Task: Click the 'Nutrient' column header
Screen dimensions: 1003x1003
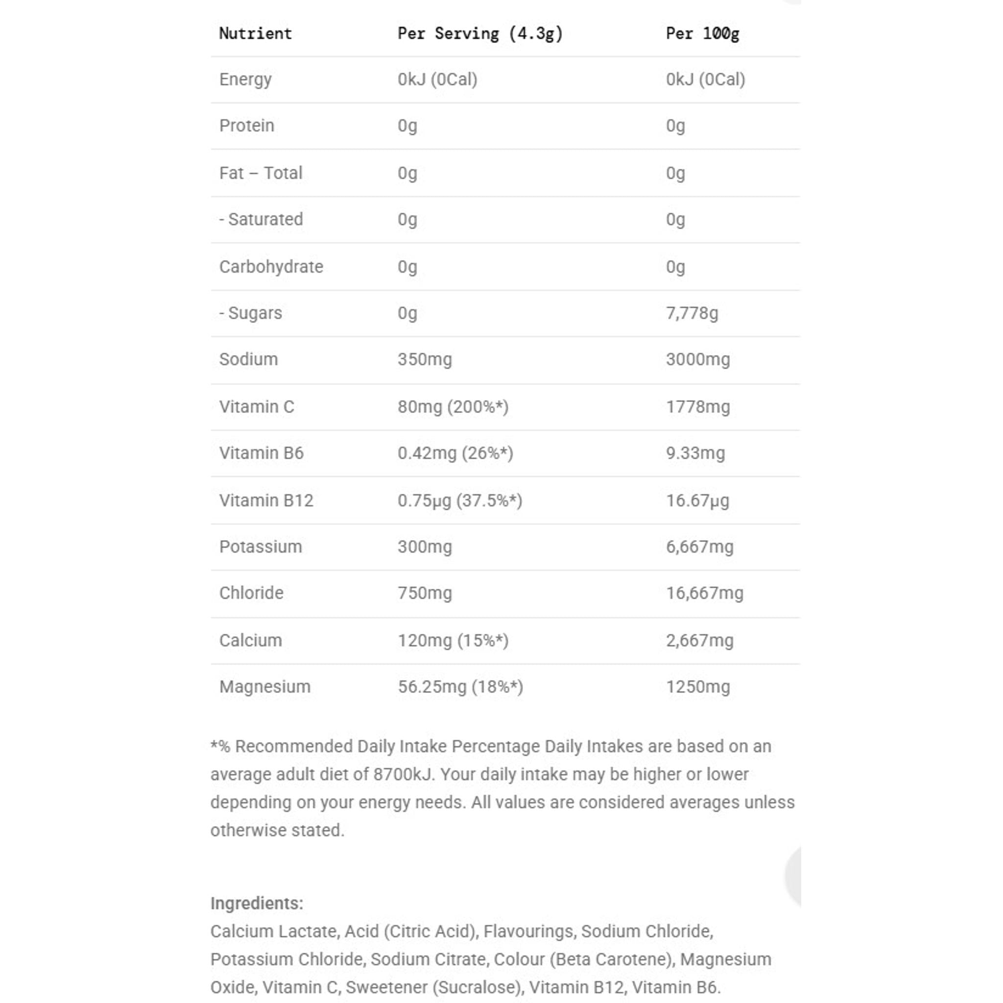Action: click(x=256, y=34)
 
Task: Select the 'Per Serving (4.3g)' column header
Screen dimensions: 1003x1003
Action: click(x=480, y=34)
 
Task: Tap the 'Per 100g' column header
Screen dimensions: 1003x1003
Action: click(x=702, y=34)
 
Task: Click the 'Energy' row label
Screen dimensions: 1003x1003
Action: click(x=245, y=79)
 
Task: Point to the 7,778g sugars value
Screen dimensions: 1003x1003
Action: click(x=692, y=313)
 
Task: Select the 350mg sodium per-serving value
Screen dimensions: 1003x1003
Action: click(x=425, y=359)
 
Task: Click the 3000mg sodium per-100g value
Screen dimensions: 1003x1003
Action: click(x=698, y=359)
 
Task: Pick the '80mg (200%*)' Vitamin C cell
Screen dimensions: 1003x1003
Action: click(x=453, y=406)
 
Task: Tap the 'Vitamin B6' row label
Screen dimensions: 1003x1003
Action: click(x=261, y=453)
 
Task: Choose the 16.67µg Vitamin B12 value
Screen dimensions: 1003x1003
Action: click(x=698, y=501)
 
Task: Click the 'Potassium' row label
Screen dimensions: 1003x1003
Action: click(x=261, y=547)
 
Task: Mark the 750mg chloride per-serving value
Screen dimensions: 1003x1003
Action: click(x=425, y=593)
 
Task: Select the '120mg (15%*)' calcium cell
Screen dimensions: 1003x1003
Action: click(x=453, y=641)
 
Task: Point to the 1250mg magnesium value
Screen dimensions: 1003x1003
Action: click(x=698, y=687)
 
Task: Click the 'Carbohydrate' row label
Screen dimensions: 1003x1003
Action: click(x=271, y=267)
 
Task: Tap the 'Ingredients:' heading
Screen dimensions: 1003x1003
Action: click(x=257, y=903)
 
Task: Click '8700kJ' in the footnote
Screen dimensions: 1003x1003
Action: click(x=404, y=775)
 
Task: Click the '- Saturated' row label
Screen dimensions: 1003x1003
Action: click(x=261, y=219)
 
